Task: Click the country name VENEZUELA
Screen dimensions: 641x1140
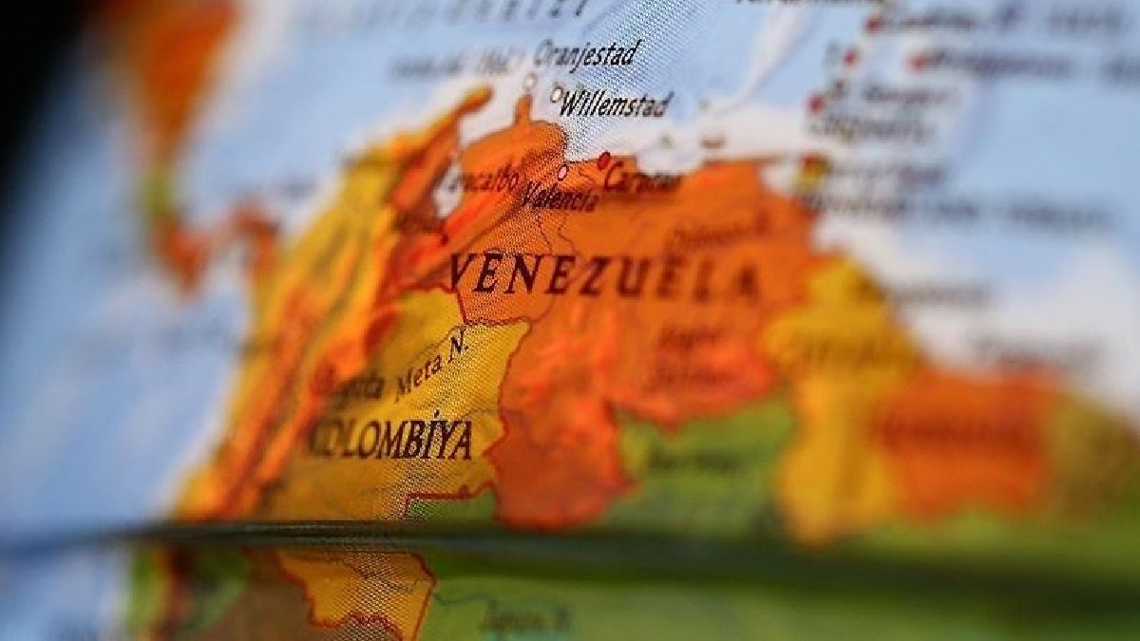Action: pos(604,275)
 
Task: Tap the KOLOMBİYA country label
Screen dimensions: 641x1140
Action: pos(390,439)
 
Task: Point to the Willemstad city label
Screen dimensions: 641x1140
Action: pos(617,104)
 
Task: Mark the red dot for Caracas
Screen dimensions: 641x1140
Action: pos(603,160)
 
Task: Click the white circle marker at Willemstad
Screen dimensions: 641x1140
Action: pos(557,94)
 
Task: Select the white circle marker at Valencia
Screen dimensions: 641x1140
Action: pos(562,173)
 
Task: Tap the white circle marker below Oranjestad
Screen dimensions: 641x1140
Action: pos(530,82)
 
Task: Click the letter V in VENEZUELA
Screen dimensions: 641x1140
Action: pos(462,272)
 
